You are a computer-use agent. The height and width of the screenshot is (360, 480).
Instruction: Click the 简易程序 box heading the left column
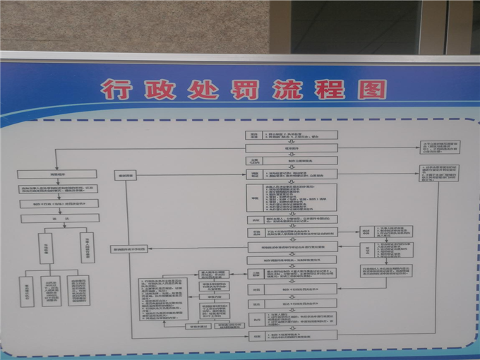(x=57, y=174)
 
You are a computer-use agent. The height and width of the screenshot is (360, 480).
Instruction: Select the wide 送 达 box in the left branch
(x=60, y=218)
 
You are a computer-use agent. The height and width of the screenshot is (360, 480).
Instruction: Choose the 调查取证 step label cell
(x=255, y=174)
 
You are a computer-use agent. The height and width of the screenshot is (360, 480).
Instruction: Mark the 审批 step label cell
(x=255, y=198)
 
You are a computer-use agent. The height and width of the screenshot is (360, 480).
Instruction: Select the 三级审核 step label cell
(x=256, y=274)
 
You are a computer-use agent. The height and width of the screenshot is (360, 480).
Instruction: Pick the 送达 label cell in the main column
(x=256, y=304)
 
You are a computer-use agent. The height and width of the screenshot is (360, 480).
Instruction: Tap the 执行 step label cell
(x=256, y=319)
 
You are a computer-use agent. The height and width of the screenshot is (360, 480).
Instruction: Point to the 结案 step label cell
(x=256, y=337)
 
